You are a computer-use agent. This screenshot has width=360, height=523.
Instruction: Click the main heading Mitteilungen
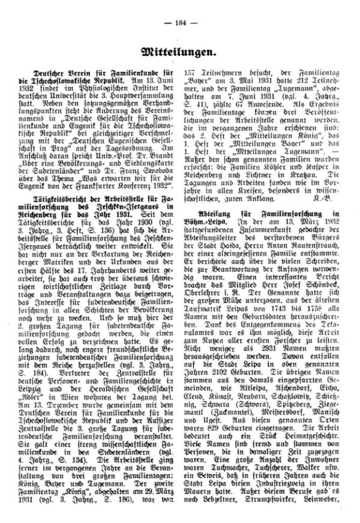179,52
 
